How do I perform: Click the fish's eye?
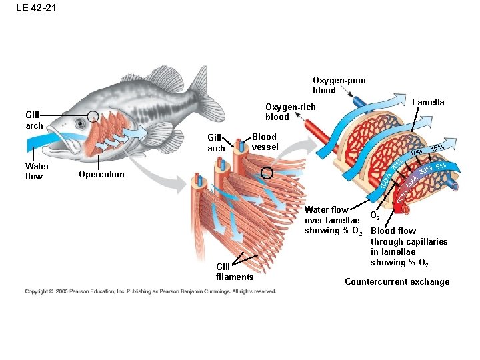pos(80,123)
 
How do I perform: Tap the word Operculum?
pos(101,175)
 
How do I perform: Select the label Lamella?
pos(428,102)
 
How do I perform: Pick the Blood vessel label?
pos(264,142)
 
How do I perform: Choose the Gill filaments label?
pos(234,272)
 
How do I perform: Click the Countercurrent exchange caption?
pos(397,281)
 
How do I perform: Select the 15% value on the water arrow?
pos(437,147)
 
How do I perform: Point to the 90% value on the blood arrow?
pos(401,197)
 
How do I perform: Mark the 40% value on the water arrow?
pos(418,153)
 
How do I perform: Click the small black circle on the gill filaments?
pos(267,173)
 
